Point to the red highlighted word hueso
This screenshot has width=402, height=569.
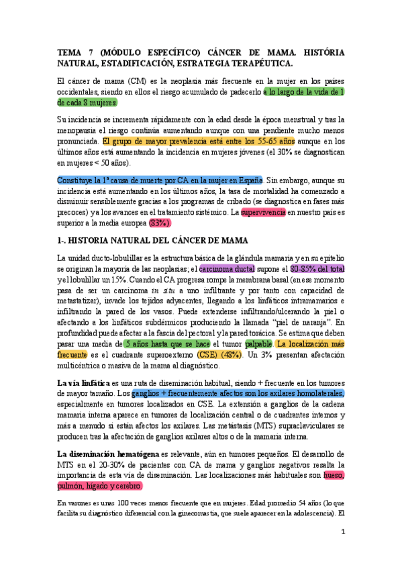pyautogui.click(x=334, y=475)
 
